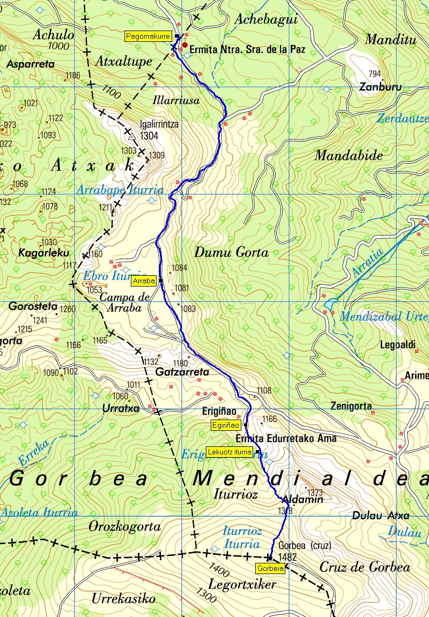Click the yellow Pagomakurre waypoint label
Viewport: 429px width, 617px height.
(147, 36)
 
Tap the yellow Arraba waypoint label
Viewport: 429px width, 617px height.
(144, 281)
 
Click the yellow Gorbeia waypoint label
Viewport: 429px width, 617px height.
(270, 568)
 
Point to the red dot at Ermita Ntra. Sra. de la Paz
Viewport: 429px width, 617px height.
(185, 46)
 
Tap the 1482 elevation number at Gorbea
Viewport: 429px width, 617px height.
(288, 557)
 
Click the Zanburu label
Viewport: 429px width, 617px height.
(380, 86)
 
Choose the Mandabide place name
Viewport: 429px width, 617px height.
(349, 156)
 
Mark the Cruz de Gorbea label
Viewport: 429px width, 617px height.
(365, 568)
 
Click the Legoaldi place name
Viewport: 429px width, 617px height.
(397, 345)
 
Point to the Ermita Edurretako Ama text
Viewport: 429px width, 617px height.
(290, 438)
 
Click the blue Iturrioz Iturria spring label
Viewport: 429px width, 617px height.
(242, 538)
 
